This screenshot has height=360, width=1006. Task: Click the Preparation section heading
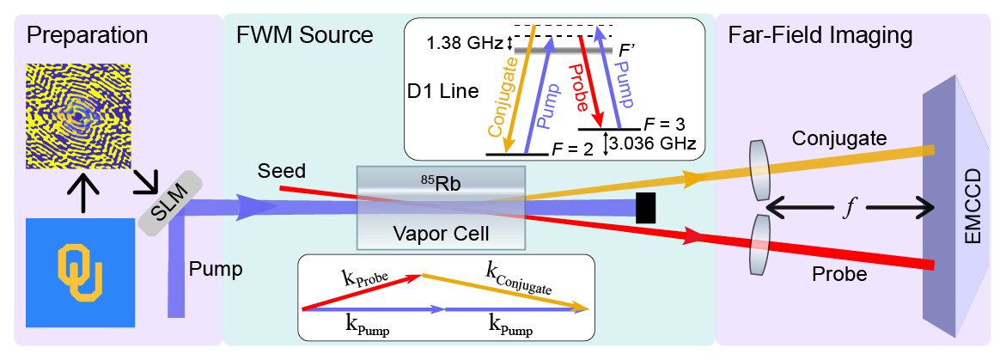tap(87, 36)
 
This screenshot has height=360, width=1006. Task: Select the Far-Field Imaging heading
tap(820, 36)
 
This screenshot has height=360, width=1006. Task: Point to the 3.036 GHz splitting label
tap(655, 142)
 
